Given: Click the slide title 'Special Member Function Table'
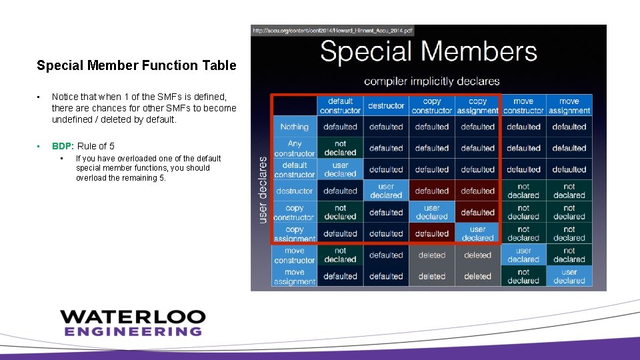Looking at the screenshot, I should [x=136, y=65].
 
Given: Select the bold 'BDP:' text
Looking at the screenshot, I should [x=63, y=146].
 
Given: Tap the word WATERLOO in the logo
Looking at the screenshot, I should [x=133, y=317].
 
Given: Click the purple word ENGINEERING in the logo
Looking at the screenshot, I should [x=133, y=331].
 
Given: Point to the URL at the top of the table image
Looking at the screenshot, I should [x=332, y=31].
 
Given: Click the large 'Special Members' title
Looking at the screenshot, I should [x=428, y=52].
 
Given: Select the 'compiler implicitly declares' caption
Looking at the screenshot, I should [x=431, y=81].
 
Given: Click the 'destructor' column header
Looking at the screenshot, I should [x=386, y=106].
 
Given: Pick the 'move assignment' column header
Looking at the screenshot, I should [x=569, y=106].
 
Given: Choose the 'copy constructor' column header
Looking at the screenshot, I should [x=432, y=106].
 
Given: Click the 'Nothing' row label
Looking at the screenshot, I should [x=294, y=127].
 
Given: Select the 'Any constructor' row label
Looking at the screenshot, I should [x=294, y=148].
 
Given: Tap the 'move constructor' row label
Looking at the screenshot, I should [x=294, y=255].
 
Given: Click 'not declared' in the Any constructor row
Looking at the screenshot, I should [x=340, y=148].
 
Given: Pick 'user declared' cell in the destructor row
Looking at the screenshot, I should [x=386, y=191].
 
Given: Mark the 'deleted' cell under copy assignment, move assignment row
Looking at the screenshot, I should [x=477, y=276].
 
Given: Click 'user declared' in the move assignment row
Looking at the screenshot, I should [x=569, y=276].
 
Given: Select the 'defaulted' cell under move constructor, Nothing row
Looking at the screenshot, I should [x=523, y=127].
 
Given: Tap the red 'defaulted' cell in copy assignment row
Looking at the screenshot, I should [x=432, y=233].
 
